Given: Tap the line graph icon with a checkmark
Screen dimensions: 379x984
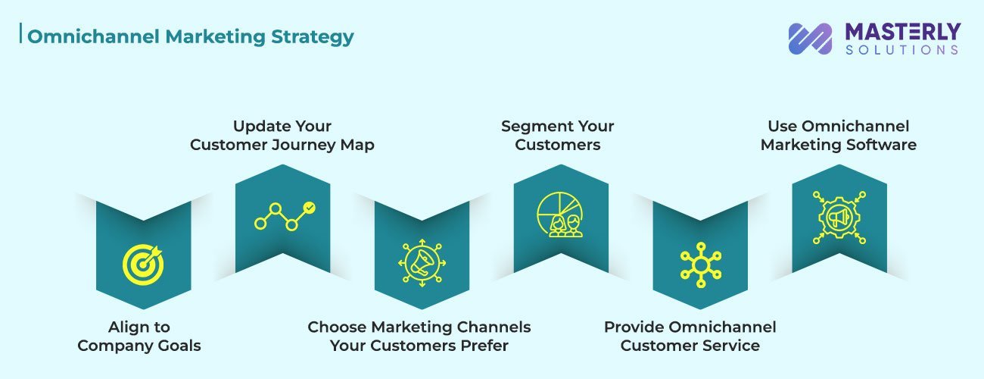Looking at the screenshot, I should (x=285, y=216).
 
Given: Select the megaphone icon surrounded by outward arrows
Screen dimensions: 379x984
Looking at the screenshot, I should (x=422, y=263).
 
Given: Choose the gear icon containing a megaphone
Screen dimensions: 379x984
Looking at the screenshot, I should (x=839, y=216).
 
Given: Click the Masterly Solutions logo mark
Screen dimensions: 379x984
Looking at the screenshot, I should (x=810, y=39).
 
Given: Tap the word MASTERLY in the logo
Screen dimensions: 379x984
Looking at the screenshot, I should (x=902, y=31).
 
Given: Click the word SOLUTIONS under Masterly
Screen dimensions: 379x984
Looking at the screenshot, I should (x=902, y=49).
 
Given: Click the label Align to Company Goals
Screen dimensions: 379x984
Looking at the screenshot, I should (x=139, y=337).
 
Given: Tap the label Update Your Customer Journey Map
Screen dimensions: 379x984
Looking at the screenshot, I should (x=282, y=135).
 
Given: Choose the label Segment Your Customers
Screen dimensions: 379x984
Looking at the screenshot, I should (x=558, y=135).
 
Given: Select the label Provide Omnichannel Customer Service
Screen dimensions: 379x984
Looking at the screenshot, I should (x=690, y=337).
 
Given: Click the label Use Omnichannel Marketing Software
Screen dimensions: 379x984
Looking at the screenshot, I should (x=839, y=135).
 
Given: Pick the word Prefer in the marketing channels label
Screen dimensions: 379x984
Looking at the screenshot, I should (x=483, y=346).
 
